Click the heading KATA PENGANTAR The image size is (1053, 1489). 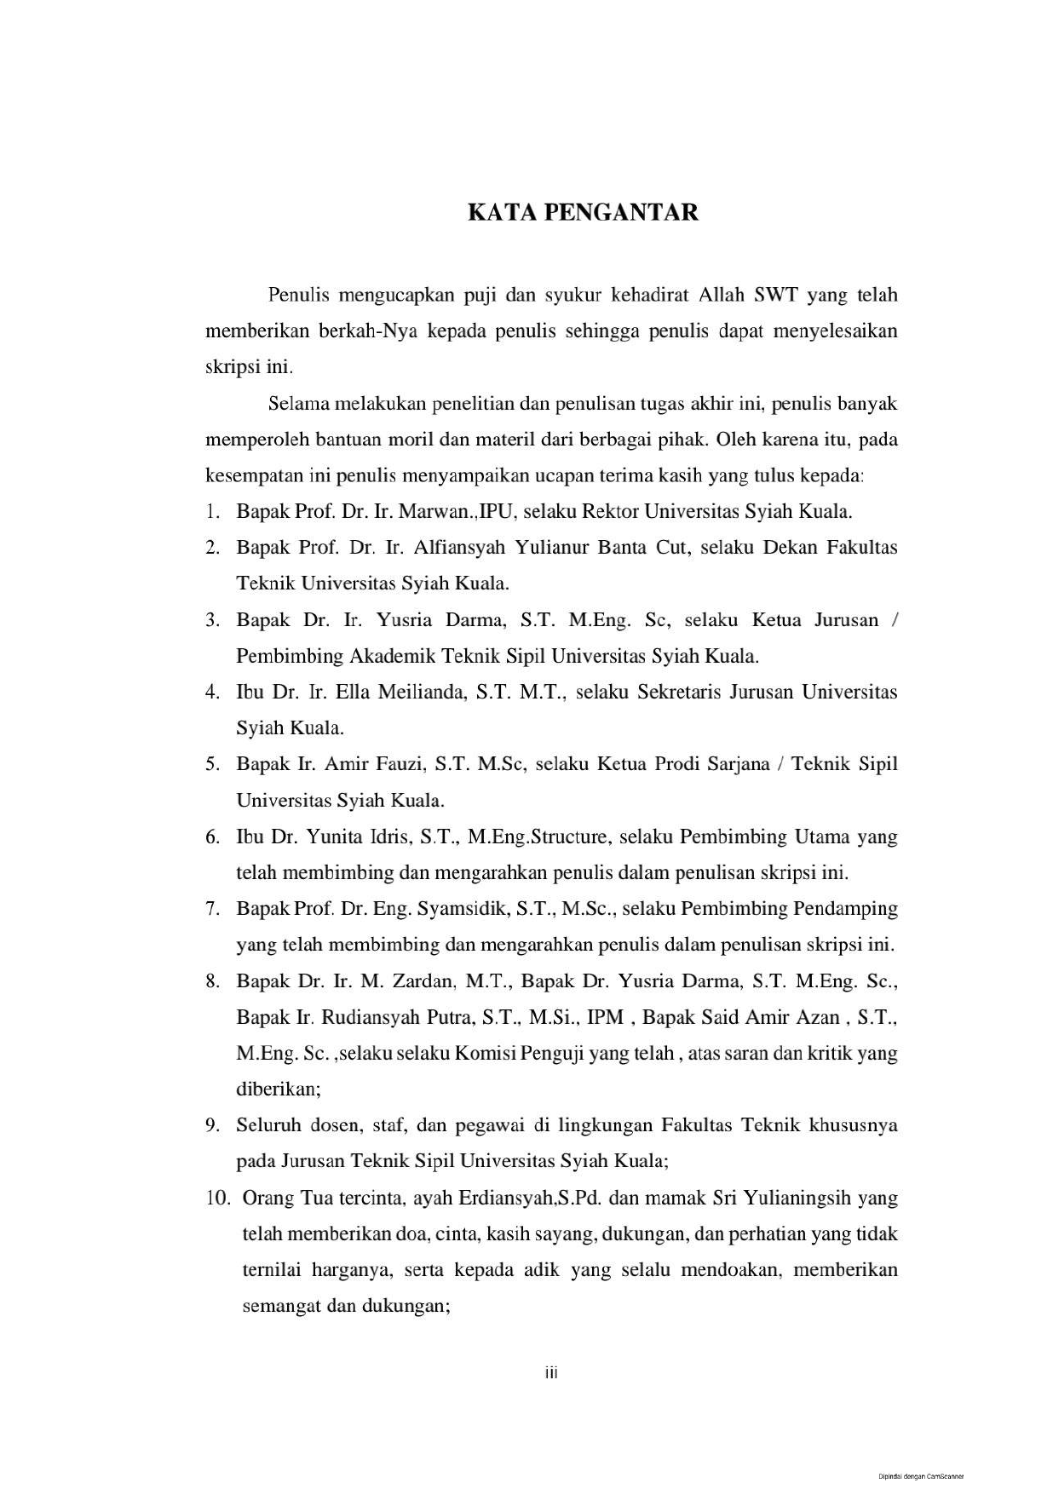click(x=583, y=212)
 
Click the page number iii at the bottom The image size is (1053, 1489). click(x=551, y=1372)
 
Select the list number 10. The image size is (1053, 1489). click(x=217, y=1199)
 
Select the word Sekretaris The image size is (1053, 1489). click(x=647, y=692)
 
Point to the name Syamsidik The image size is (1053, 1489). click(x=463, y=909)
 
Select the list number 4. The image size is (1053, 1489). click(x=212, y=692)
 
